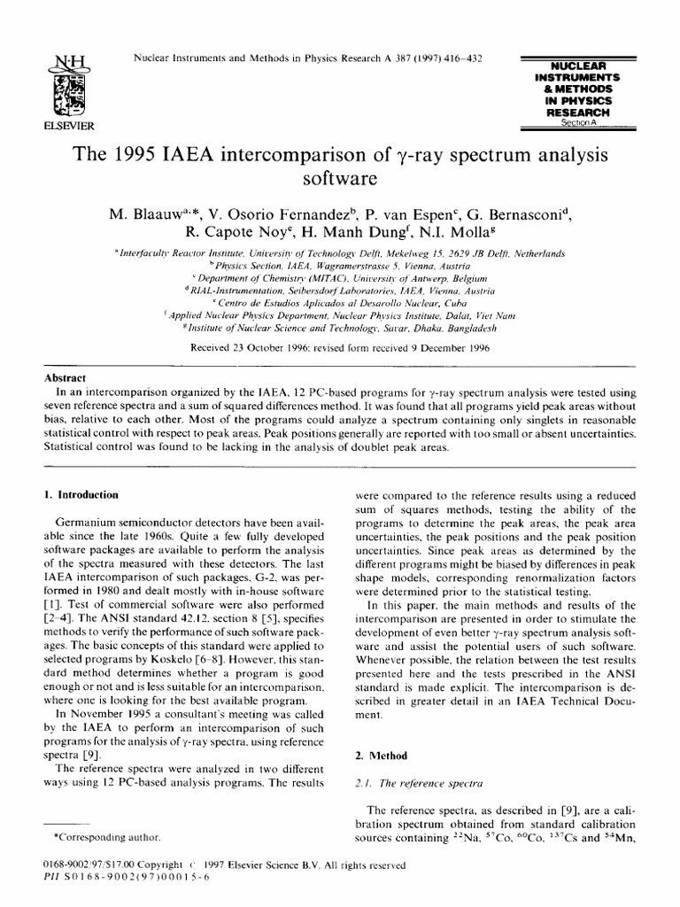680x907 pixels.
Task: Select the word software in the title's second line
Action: pyautogui.click(x=340, y=180)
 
